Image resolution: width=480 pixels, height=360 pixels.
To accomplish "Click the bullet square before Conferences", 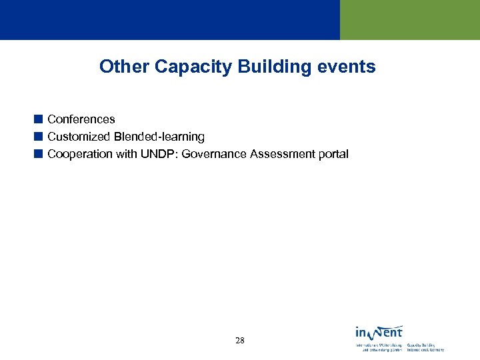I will click(x=39, y=119).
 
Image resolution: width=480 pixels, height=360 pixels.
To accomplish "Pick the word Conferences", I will click(x=81, y=119).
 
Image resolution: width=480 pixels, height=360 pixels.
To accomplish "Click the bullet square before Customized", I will click(x=39, y=137).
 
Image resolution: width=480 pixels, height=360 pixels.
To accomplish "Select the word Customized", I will click(x=79, y=137).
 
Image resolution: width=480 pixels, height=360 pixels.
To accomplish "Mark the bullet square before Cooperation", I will click(x=39, y=154).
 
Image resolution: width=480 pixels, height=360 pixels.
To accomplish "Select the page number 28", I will click(x=240, y=341).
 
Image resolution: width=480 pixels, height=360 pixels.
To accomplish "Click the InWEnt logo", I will click(x=379, y=332).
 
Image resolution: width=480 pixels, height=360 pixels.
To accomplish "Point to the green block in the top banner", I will click(x=410, y=20).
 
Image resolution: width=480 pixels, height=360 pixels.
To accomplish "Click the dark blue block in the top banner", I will click(x=170, y=20).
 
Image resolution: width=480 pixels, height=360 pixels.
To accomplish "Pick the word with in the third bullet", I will click(x=125, y=154).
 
